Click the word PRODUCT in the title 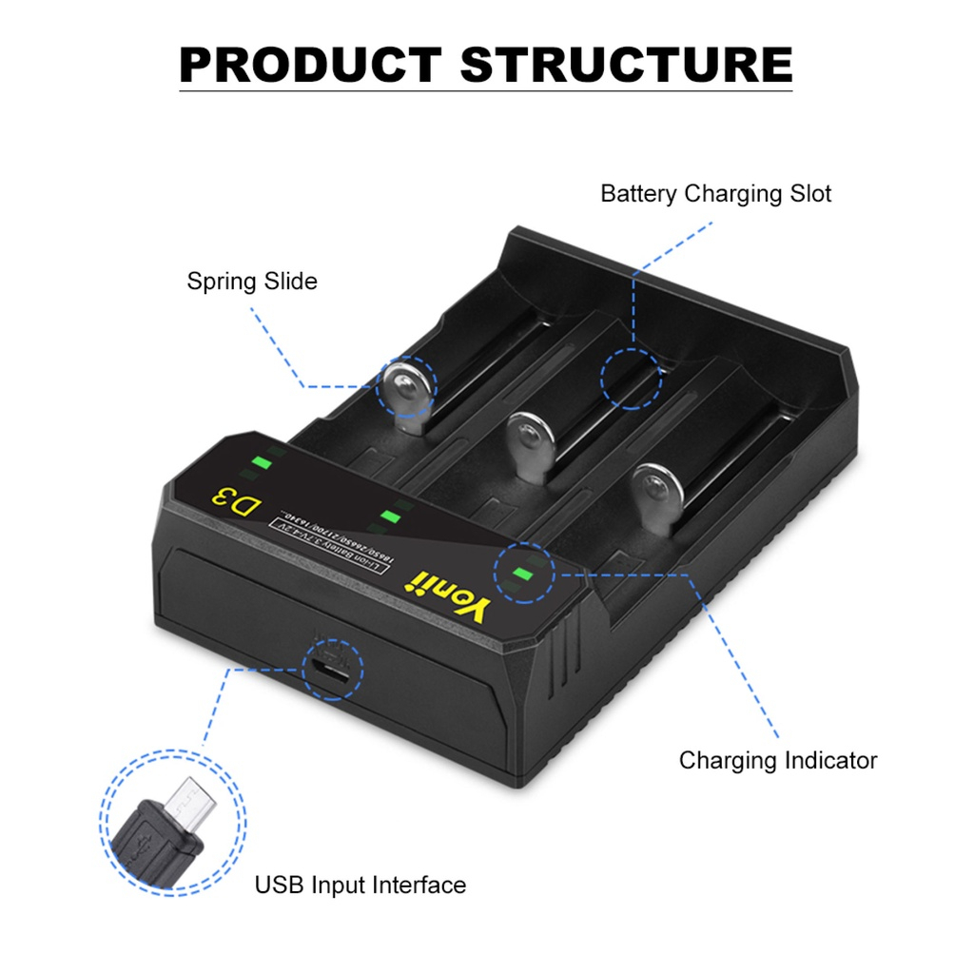coord(309,65)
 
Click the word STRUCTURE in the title coord(626,65)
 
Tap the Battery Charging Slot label coord(715,194)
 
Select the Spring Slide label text coord(252,282)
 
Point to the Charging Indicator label coord(777,761)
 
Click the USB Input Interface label coord(360,886)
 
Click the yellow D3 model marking coord(233,501)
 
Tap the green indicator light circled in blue coord(521,574)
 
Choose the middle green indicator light coord(390,516)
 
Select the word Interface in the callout coord(419,886)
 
